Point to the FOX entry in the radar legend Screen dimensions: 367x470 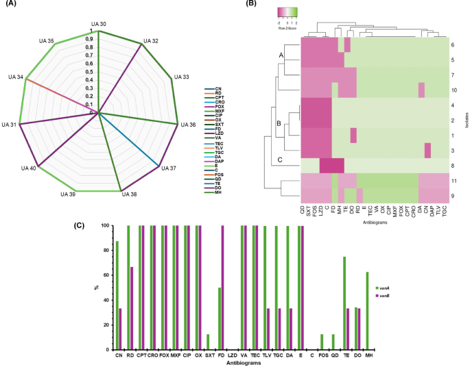pyautogui.click(x=218, y=107)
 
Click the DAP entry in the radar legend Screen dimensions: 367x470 pyautogui.click(x=218, y=161)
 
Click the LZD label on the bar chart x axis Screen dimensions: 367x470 pyautogui.click(x=232, y=357)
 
